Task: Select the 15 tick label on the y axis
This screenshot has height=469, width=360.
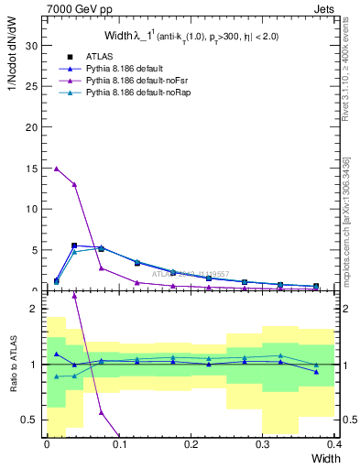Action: (x=31, y=168)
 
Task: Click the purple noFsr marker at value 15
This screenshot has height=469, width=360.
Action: (x=57, y=168)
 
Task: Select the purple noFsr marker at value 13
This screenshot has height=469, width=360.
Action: (x=74, y=184)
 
